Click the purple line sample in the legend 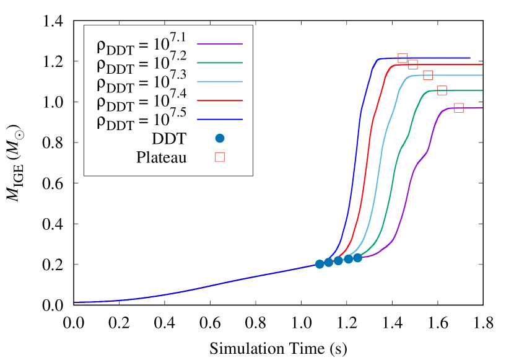pos(220,44)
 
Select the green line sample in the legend pos(220,63)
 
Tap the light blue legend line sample pos(220,82)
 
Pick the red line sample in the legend pos(220,100)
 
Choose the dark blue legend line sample pos(220,119)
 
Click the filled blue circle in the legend pos(220,138)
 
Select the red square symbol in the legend pos(220,157)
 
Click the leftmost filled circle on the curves pos(320,264)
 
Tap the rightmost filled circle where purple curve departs pos(357,258)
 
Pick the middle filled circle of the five pos(338,261)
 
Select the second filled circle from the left pos(329,262)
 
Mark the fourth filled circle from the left pos(349,259)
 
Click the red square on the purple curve pos(459,108)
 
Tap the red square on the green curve pos(442,90)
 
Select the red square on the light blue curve pos(428,75)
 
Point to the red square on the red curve pos(413,64)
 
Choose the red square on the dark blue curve pos(403,58)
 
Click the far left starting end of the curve pos(76,302)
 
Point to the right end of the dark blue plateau pos(469,58)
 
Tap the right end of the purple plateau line pos(482,108)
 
